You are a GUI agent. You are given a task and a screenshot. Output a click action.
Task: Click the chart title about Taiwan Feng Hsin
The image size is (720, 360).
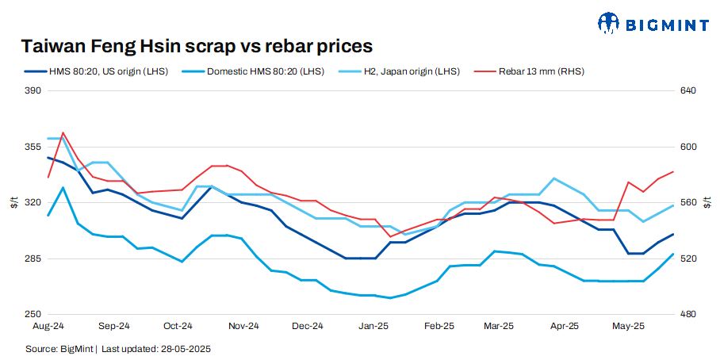coord(197,46)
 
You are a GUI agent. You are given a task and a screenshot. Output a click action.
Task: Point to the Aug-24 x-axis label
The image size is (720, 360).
coord(48,326)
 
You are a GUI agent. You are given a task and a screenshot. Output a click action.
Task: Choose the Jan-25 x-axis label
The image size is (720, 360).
coord(373,326)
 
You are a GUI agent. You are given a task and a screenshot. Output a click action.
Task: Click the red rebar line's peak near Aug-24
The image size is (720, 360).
coord(63,132)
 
